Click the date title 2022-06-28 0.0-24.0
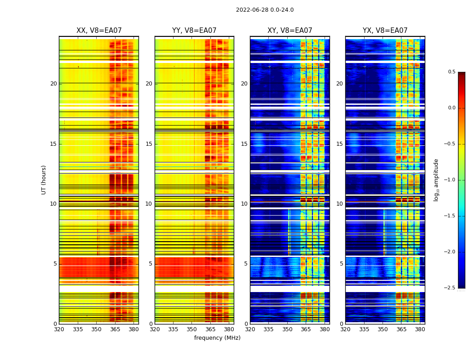click(x=265, y=10)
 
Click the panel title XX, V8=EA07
click(x=99, y=31)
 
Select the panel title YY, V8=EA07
click(x=194, y=31)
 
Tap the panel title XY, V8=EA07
click(x=289, y=31)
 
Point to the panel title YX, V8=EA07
click(x=385, y=31)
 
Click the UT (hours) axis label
click(x=44, y=180)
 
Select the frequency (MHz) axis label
click(x=217, y=338)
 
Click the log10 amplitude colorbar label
click(x=436, y=180)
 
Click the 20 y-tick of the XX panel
click(x=53, y=84)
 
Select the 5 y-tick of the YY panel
click(x=151, y=264)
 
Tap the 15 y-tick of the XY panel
click(x=245, y=144)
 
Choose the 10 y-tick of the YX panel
click(x=340, y=204)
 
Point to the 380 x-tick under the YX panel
click(x=420, y=329)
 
